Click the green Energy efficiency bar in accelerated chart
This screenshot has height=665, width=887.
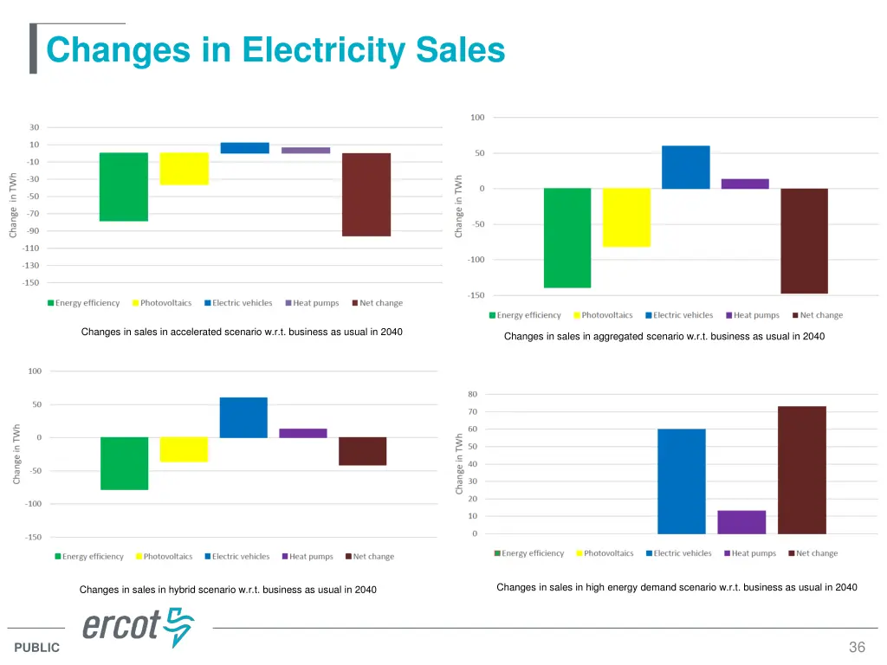[124, 187]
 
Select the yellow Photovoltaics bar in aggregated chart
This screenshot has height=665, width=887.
[626, 217]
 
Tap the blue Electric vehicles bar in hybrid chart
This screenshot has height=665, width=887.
[243, 417]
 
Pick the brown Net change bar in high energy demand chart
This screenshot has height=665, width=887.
[802, 470]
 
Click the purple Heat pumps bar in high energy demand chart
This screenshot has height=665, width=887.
[741, 522]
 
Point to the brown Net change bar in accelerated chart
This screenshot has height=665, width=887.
[366, 195]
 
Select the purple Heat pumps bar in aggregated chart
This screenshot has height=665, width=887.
[745, 184]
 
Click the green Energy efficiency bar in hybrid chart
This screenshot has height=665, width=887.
[124, 463]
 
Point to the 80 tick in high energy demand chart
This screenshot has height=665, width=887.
[472, 394]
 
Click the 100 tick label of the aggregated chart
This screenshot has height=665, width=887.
[477, 117]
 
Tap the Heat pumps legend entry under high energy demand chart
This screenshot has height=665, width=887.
[750, 553]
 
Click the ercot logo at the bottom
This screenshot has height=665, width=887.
[139, 627]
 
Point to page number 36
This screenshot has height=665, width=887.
[857, 648]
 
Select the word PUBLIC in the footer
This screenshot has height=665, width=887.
[36, 648]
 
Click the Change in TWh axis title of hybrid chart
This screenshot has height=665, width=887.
[16, 454]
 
